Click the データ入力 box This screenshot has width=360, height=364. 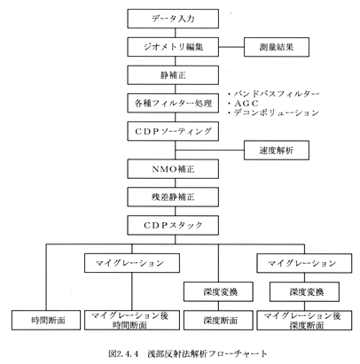click(173, 19)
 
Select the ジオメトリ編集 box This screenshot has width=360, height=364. click(173, 47)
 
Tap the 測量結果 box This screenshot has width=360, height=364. click(277, 47)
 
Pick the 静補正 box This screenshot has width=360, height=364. click(173, 75)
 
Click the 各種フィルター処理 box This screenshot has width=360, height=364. click(173, 103)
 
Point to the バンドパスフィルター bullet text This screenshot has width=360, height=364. click(274, 94)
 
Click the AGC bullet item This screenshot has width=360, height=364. click(243, 104)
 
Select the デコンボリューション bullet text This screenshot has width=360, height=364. click(274, 112)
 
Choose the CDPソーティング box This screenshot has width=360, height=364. click(173, 131)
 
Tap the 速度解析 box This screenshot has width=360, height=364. click(277, 151)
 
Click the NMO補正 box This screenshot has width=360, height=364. click(173, 169)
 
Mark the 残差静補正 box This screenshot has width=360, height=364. click(173, 197)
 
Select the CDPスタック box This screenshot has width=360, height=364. click(173, 225)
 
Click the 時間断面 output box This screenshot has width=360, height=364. click(46, 320)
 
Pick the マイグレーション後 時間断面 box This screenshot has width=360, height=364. click(132, 320)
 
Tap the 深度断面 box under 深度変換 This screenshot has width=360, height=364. click(218, 320)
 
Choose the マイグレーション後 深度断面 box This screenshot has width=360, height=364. click(304, 320)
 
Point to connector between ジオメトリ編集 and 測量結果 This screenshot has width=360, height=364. click(231, 47)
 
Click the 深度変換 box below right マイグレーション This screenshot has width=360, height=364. click(304, 291)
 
